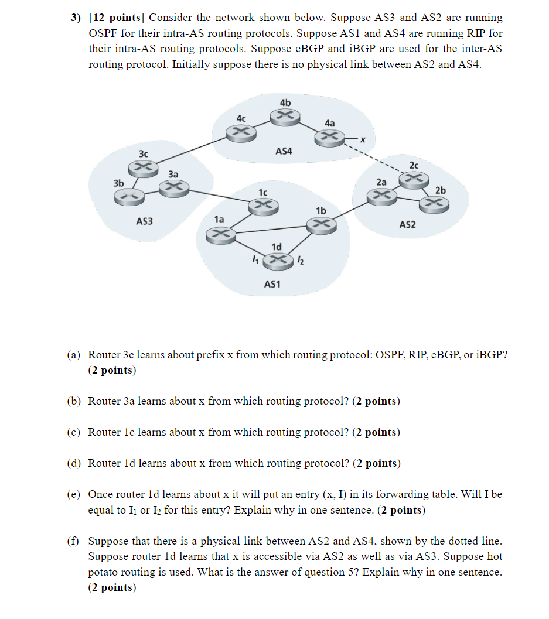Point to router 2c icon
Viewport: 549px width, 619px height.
[x=414, y=177]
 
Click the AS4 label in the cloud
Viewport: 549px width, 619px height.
[x=284, y=152]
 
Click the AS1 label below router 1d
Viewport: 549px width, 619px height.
[x=272, y=284]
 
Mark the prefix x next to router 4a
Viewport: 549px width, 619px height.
[x=363, y=139]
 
